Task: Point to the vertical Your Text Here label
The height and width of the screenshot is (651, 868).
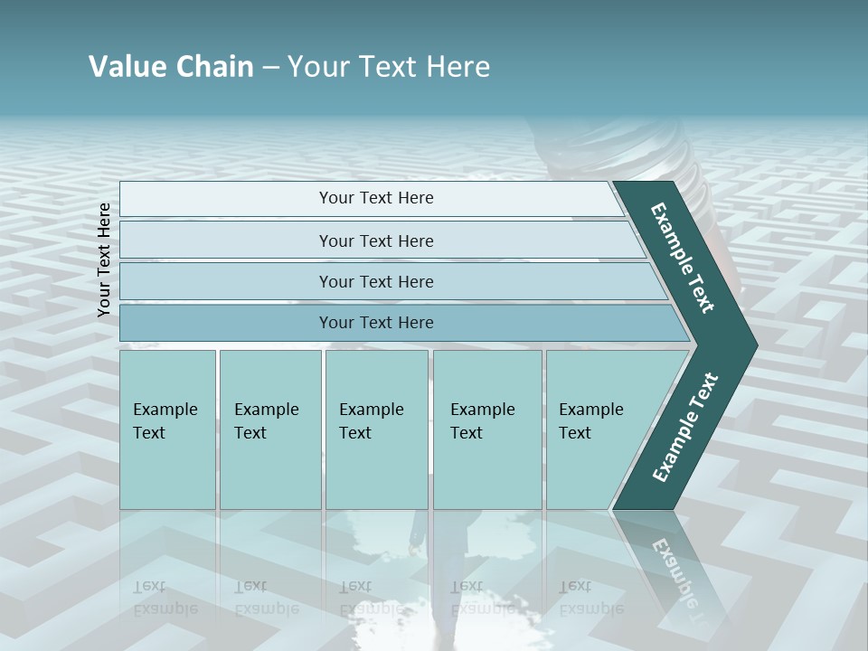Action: point(104,259)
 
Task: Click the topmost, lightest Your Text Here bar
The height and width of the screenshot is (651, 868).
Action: point(375,198)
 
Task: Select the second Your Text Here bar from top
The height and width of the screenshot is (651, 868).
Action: point(375,241)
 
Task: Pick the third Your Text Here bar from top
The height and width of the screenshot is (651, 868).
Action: point(375,281)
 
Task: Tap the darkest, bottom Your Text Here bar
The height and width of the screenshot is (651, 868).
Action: point(375,323)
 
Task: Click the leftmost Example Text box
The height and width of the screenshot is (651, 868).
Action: point(167,429)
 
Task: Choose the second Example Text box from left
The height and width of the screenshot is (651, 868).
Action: point(269,429)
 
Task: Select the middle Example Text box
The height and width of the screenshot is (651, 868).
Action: point(375,429)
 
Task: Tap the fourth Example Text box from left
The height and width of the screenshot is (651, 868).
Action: point(486,429)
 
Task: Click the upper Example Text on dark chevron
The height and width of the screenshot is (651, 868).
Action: point(683,258)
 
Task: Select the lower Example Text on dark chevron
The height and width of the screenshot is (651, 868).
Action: point(684,427)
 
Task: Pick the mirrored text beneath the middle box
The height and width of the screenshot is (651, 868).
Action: point(371,598)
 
